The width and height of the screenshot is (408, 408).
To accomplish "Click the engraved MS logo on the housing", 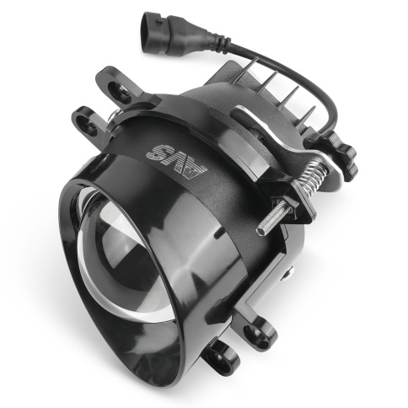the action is [x=176, y=158].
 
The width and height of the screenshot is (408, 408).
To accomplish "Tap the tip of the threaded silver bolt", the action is [x=259, y=231].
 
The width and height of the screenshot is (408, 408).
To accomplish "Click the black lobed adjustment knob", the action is [x=341, y=153].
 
